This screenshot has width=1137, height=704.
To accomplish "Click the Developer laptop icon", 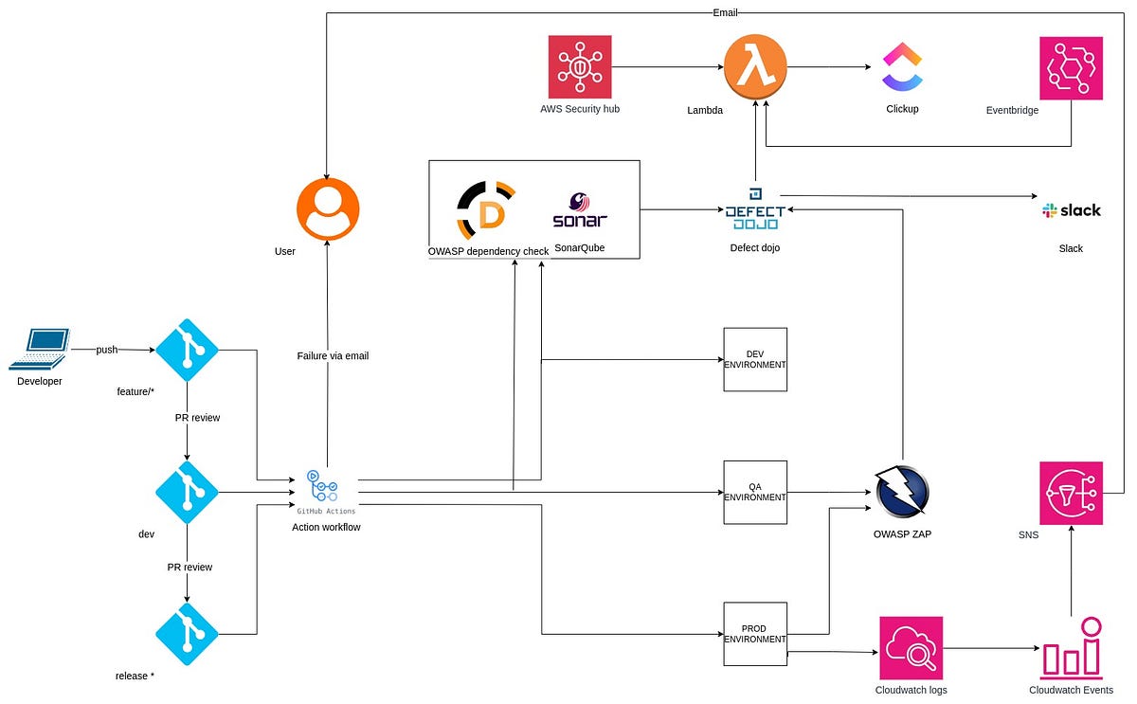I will [40, 349].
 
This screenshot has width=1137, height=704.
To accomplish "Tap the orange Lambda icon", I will [756, 66].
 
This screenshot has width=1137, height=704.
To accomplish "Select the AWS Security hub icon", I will [580, 66].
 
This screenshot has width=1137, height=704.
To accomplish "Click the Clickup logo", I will [901, 66].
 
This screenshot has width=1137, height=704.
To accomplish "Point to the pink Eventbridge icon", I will [1071, 67].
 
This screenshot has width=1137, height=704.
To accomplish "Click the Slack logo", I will [1071, 210].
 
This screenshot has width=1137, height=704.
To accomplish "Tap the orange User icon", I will [328, 210].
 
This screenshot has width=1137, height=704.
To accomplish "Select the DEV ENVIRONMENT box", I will [755, 360].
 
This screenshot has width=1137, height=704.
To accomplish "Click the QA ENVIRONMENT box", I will [755, 493].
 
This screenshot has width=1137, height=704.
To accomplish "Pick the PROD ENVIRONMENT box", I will [755, 634].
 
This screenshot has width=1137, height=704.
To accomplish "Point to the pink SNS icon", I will [1071, 493].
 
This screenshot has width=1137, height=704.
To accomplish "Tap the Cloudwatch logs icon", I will [911, 648].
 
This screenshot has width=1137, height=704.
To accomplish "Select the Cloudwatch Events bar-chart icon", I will [1071, 648].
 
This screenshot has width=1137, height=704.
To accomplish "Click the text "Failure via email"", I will [333, 356].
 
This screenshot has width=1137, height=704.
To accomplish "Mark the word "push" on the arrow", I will [107, 350].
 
